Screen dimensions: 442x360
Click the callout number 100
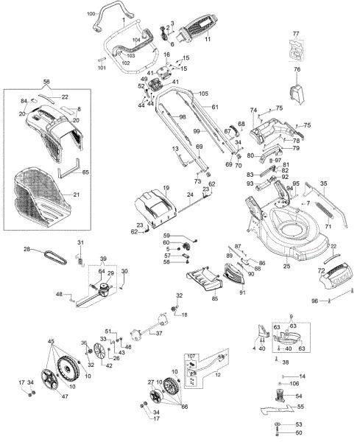click(x=91, y=14)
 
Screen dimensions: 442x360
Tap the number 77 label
click(x=296, y=35)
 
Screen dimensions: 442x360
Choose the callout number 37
click(x=160, y=332)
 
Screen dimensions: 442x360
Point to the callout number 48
click(x=59, y=295)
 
